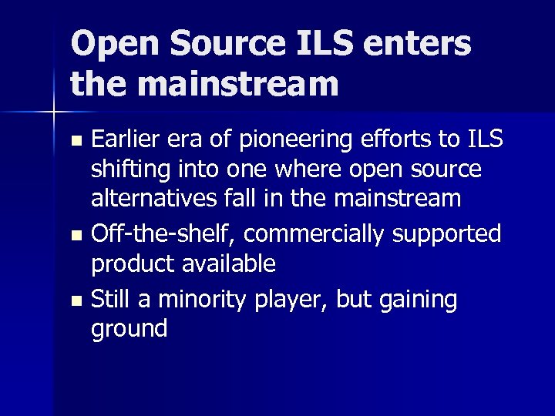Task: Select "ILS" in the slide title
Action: pos(313,44)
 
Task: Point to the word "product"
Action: pos(133,264)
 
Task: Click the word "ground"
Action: pos(129,330)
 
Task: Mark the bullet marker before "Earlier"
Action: pos(74,141)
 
